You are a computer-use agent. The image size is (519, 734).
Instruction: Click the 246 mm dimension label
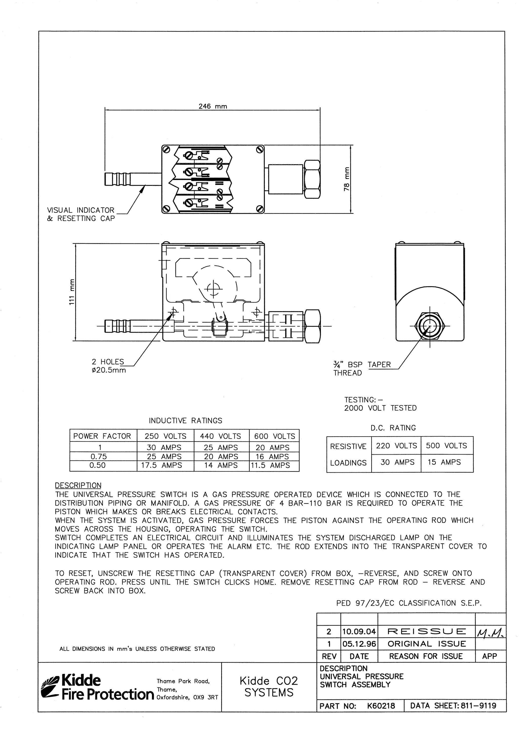(x=213, y=106)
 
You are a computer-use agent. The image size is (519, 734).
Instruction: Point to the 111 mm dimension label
(x=72, y=292)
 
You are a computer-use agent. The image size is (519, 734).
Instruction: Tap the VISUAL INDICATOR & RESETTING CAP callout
(x=81, y=214)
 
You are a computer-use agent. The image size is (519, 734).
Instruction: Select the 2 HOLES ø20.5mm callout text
(x=109, y=366)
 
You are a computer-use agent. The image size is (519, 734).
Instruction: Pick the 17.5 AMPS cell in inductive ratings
(x=161, y=466)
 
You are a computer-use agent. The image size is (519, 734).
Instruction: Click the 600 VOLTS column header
(x=274, y=436)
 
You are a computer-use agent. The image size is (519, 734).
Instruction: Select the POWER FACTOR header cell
(x=102, y=436)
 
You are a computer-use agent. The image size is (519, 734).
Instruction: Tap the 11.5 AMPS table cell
(x=270, y=466)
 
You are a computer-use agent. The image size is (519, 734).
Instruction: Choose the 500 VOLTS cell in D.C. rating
(x=447, y=446)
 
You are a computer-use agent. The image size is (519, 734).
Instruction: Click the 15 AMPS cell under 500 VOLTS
(x=444, y=462)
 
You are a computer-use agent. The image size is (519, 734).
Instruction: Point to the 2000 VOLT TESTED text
(x=380, y=408)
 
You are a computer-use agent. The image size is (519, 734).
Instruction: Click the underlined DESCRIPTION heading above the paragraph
(x=78, y=485)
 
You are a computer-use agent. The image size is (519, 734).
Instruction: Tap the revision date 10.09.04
(x=359, y=632)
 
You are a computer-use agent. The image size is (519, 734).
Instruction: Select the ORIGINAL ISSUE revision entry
(x=427, y=644)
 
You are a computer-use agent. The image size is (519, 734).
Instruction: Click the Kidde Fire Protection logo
(x=98, y=687)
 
